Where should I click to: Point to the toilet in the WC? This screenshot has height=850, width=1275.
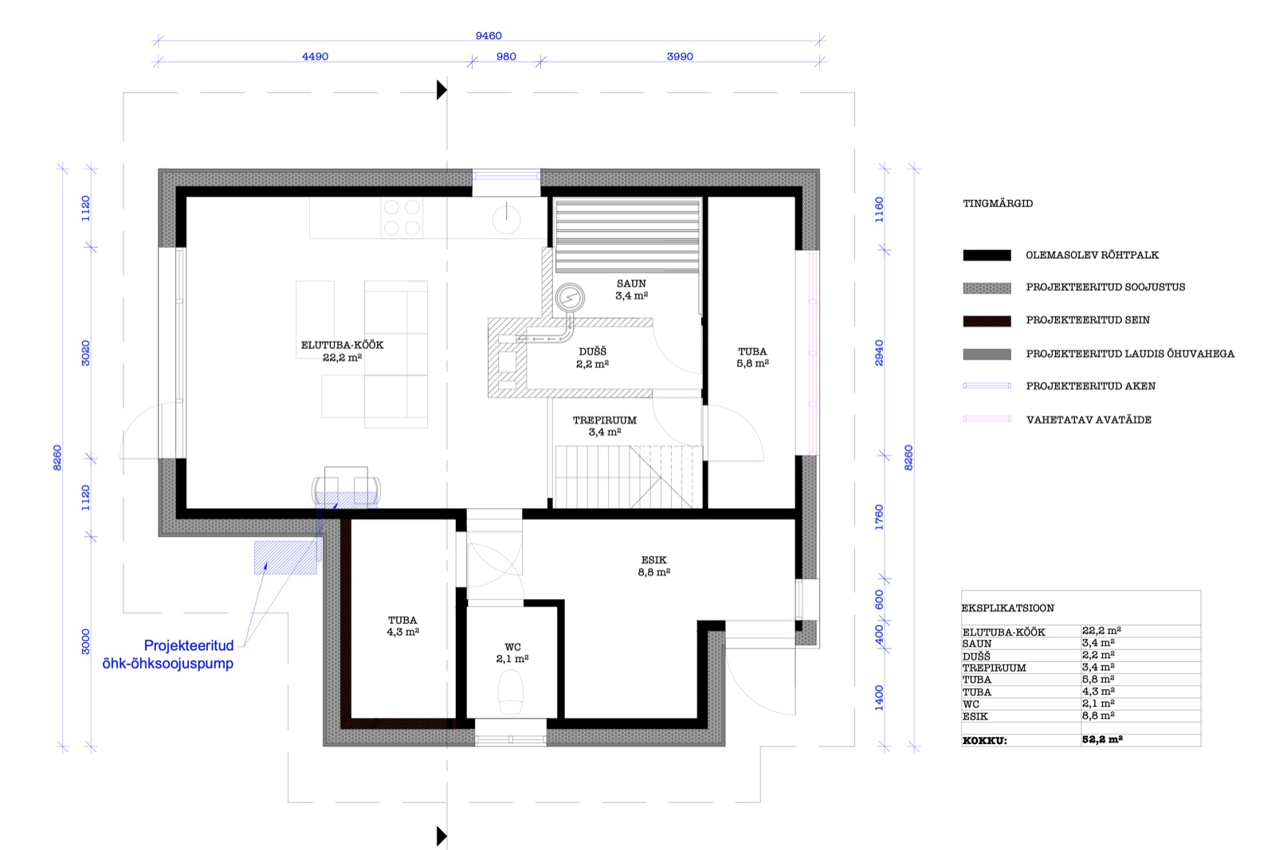pos(511,691)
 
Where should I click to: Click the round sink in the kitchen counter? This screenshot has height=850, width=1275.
pos(506,219)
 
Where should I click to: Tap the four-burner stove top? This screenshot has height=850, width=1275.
pos(402,217)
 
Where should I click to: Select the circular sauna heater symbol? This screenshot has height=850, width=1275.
pos(570,298)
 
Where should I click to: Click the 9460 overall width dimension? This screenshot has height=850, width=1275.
pos(488,36)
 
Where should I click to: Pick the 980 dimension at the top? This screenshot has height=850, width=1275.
pos(506,57)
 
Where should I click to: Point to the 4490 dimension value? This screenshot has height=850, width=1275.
pos(315,57)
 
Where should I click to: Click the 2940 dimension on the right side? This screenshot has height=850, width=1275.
pos(880,353)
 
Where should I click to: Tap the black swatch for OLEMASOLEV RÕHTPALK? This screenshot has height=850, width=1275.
pos(987,256)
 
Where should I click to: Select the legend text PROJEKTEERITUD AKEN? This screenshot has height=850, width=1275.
pos(1091,386)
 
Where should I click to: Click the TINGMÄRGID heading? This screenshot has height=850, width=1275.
pos(998,204)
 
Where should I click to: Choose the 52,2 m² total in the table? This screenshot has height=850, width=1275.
pos(1102,739)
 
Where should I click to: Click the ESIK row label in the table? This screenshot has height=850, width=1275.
pos(975,716)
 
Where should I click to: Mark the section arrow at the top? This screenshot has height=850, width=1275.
pos(441,90)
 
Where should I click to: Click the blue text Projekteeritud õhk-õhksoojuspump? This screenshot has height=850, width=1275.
pos(168,654)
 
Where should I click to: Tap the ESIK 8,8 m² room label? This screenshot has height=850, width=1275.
pos(653,566)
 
